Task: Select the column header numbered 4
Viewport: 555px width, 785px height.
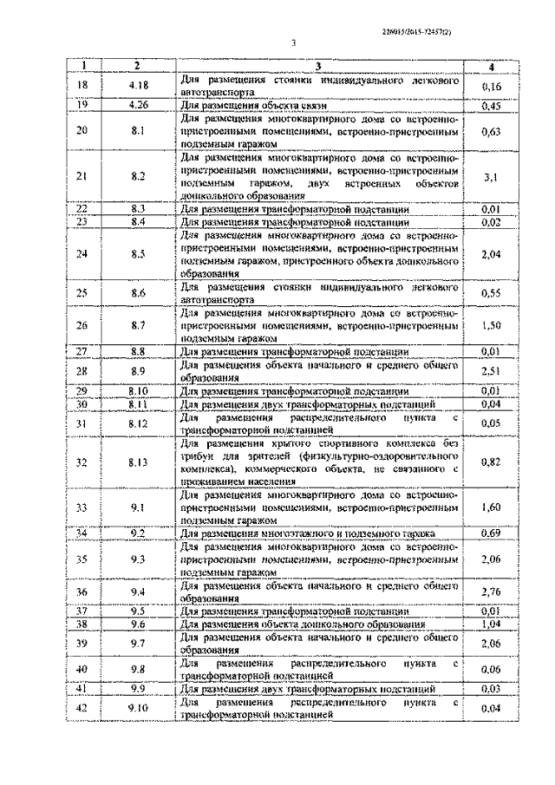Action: point(492,68)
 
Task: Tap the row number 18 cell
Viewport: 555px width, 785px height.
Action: point(82,85)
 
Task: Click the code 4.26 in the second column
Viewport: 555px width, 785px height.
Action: point(137,106)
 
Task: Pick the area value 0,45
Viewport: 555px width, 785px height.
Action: point(492,106)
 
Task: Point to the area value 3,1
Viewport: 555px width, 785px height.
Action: point(492,177)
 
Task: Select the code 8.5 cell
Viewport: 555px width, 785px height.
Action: point(137,254)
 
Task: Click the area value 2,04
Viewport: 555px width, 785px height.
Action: point(492,254)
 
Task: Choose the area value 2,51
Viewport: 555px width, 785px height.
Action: point(492,372)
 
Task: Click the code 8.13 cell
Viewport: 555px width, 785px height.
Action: point(137,461)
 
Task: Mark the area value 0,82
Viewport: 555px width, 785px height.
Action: point(492,461)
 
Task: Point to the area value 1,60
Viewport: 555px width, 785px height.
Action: point(492,506)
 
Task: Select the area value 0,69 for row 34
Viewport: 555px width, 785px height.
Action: point(492,532)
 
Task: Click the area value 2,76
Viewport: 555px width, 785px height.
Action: point(492,592)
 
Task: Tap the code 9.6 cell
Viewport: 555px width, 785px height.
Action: point(137,625)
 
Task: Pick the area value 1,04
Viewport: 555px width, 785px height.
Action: point(492,625)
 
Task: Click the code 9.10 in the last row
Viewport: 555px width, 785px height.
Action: point(137,709)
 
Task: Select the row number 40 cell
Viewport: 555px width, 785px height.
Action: point(82,669)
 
